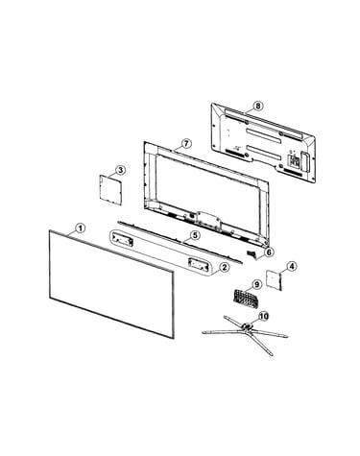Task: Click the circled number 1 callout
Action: (81, 228)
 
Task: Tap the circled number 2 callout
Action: (225, 267)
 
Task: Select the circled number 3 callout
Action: (120, 170)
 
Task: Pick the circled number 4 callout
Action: (292, 266)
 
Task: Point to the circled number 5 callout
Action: (195, 235)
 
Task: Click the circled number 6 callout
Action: (269, 252)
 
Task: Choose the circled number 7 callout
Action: (186, 143)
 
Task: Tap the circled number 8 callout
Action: (258, 106)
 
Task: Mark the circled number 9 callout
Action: (256, 284)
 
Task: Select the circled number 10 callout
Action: (264, 316)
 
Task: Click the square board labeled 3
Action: (110, 189)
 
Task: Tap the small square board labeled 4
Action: (275, 280)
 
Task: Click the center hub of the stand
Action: (247, 326)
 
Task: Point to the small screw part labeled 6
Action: (252, 254)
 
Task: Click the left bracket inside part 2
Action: (122, 240)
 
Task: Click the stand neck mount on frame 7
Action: (209, 220)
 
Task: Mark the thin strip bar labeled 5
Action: (180, 242)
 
